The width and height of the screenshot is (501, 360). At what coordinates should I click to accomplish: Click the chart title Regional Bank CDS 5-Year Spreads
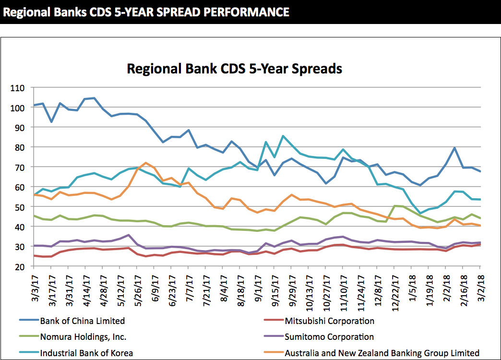234,69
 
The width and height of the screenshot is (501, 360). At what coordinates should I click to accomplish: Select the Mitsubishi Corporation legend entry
329,321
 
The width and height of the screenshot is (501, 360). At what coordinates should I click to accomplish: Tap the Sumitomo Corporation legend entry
329,336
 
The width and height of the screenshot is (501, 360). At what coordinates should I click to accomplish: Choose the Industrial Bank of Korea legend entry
86,353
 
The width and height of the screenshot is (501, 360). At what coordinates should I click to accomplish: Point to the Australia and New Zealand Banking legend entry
382,353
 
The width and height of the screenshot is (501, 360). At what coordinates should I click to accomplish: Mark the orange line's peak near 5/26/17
146,163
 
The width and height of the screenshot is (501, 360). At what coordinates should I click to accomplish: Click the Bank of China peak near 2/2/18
455,148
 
